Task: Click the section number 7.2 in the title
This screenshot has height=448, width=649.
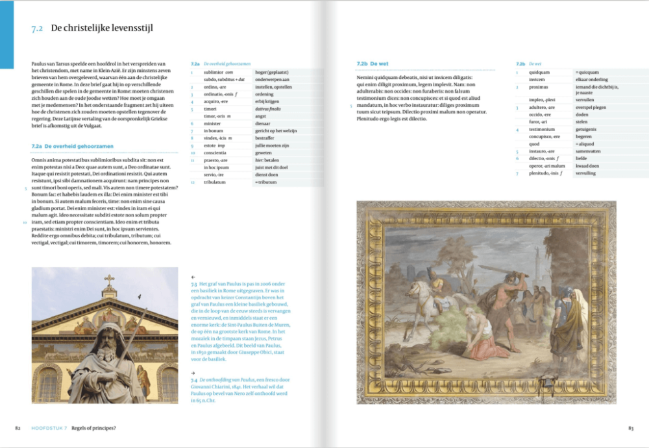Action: [37, 29]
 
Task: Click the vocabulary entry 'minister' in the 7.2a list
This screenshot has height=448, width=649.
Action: [212, 123]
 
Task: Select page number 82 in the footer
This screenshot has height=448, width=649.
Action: [19, 428]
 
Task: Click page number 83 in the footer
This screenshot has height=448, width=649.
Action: [630, 428]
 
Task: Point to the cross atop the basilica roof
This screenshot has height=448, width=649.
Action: [109, 281]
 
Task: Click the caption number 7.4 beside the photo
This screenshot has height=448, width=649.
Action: [194, 379]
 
